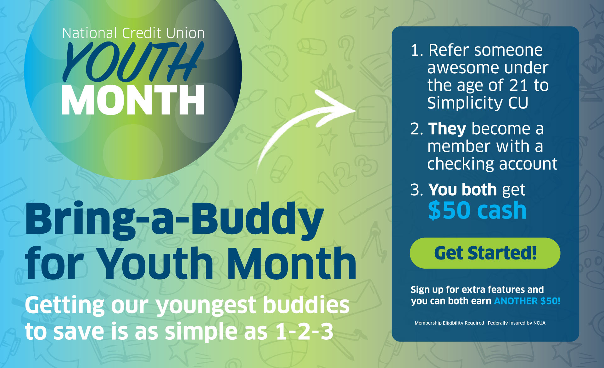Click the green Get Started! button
click(485, 253)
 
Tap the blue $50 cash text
click(477, 210)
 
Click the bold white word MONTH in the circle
click(133, 100)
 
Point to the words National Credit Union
click(133, 33)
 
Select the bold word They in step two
click(447, 129)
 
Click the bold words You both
click(462, 190)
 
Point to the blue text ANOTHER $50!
click(527, 301)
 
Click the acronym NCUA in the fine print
click(539, 323)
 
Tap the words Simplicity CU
click(478, 103)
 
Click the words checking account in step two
click(492, 164)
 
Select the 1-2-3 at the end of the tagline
click(304, 331)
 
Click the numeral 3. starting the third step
click(417, 190)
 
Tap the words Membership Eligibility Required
click(449, 323)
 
